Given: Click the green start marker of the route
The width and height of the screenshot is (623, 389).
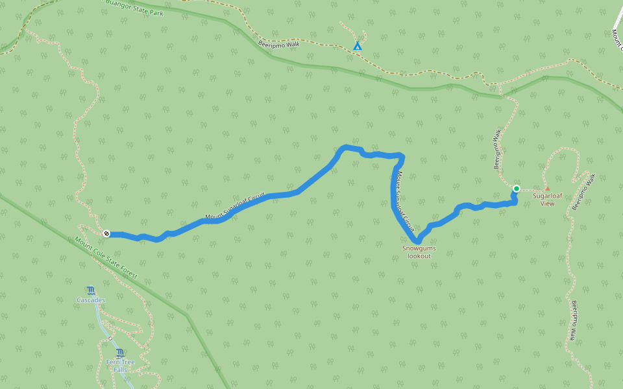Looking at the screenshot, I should [517, 189].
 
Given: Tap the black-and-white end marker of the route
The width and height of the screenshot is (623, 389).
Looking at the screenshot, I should [106, 233].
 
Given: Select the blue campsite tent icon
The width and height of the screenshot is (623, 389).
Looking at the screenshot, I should [357, 46].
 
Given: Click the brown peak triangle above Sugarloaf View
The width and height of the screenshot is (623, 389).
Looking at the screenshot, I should [547, 189].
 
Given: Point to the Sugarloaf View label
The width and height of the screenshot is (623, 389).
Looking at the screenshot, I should [547, 199].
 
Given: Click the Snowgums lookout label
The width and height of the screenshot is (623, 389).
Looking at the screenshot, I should [419, 252].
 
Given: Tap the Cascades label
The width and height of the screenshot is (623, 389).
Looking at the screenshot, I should [91, 300].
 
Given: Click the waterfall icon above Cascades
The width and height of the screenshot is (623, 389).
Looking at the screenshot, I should [90, 290].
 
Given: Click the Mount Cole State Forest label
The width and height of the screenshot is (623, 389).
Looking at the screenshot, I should [106, 257].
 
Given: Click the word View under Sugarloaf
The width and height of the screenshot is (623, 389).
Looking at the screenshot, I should [547, 204].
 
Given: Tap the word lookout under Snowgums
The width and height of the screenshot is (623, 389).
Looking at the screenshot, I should [419, 256].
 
